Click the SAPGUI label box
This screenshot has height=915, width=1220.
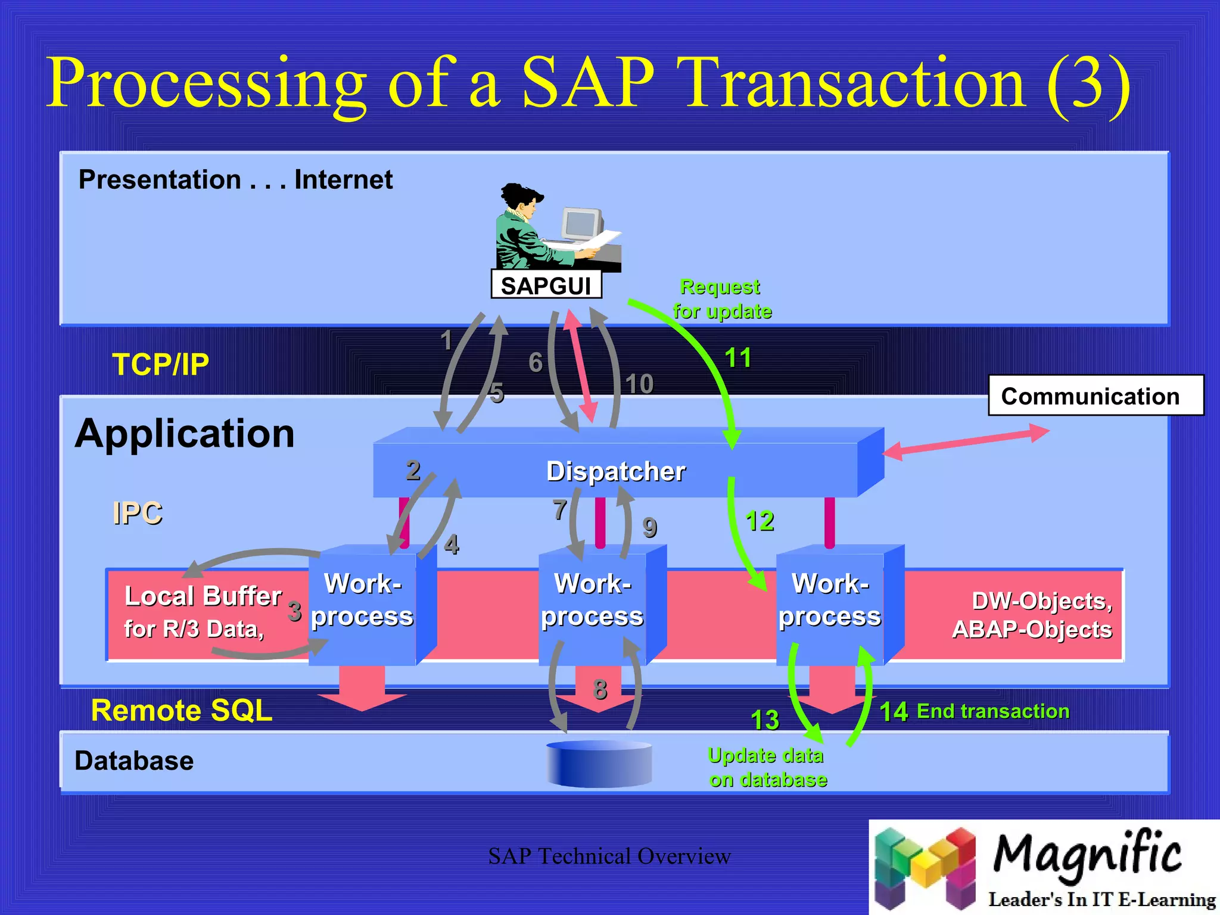[546, 285]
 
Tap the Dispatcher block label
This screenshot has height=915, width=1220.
[615, 471]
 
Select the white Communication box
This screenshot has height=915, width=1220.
[1095, 396]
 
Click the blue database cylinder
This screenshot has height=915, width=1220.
[599, 764]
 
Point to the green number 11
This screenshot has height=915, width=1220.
[737, 358]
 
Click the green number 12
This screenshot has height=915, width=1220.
[760, 521]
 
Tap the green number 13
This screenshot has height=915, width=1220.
[765, 720]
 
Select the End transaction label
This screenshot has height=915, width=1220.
[992, 711]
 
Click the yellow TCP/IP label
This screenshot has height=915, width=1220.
[161, 365]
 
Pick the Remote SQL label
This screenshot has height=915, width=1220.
[182, 711]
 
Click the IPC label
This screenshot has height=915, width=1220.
[138, 513]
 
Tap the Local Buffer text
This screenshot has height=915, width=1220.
[203, 596]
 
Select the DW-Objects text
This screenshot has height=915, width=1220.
[1041, 602]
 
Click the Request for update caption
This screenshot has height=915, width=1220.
[721, 299]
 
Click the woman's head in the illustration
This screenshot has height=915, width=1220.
[523, 200]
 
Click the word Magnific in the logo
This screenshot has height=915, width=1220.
[1087, 854]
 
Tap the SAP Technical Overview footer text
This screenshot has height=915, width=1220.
[609, 857]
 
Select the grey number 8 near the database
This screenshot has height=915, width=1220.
[600, 689]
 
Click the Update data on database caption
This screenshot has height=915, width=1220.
[767, 768]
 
